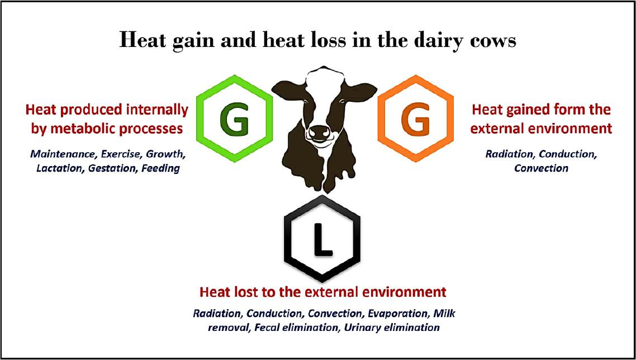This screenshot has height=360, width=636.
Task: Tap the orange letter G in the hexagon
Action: pyautogui.click(x=415, y=121)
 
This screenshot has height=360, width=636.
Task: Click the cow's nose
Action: pyautogui.click(x=319, y=132)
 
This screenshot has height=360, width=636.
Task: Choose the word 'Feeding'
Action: pyautogui.click(x=160, y=168)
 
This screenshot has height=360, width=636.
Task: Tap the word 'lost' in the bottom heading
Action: pyautogui.click(x=257, y=292)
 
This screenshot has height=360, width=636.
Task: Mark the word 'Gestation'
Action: pyautogui.click(x=112, y=168)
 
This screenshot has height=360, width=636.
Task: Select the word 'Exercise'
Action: pyautogui.click(x=115, y=155)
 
